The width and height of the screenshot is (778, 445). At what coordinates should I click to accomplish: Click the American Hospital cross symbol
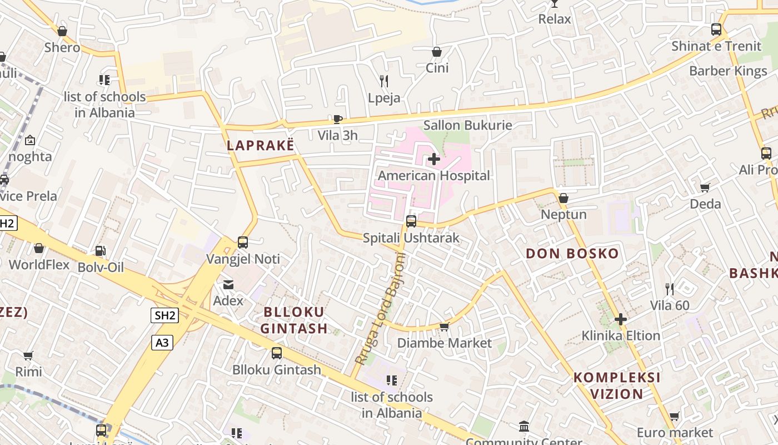point(434,159)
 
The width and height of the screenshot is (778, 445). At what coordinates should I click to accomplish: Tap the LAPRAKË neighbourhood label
point(260,145)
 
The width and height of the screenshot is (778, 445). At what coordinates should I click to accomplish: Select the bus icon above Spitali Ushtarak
point(411,221)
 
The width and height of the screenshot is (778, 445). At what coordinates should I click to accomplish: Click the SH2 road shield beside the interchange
point(165,316)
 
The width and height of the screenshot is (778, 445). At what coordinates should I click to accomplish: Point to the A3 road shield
point(162,343)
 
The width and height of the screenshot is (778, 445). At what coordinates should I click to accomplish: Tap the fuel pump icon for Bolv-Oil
point(100,251)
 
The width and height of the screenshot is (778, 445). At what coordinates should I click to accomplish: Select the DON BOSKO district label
point(572,254)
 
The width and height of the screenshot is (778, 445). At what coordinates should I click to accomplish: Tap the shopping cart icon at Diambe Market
point(444,327)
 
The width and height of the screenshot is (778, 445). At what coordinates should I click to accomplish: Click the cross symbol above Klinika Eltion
point(621,319)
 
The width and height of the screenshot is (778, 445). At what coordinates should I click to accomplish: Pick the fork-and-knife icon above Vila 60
point(670,289)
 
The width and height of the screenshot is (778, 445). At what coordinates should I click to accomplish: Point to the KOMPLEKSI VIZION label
point(617,385)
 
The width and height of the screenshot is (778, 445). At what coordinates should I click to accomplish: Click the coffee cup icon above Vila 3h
point(337,119)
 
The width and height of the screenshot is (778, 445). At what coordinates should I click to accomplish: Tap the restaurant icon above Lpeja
point(383,81)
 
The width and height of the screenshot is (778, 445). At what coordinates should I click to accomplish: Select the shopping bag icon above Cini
point(437,52)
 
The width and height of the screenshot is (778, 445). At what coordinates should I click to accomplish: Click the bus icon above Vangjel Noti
point(243,243)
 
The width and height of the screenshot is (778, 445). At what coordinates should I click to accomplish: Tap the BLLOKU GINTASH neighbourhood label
point(294,320)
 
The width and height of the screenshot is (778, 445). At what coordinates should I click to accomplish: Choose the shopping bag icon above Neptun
point(563,198)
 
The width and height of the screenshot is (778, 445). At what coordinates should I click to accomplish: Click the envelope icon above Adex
point(228,285)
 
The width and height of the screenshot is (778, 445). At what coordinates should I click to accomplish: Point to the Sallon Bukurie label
point(467,125)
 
